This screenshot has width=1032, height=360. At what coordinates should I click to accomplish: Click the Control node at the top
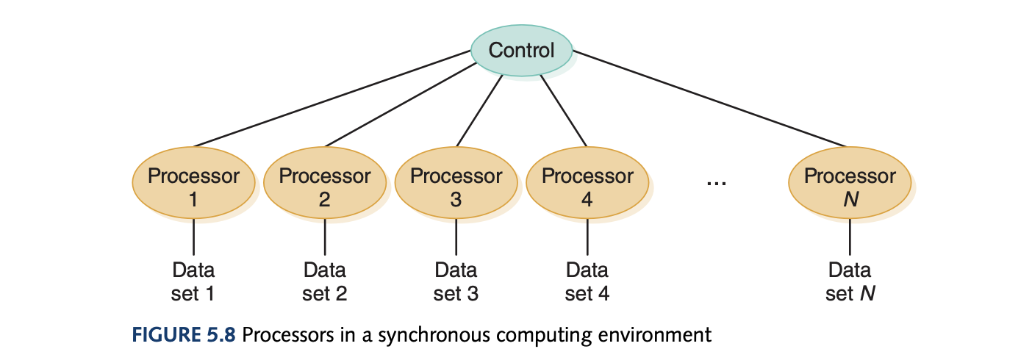click(521, 51)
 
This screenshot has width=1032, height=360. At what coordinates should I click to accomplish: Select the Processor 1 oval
click(193, 187)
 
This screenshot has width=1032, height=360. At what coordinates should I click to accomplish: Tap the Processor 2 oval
click(324, 187)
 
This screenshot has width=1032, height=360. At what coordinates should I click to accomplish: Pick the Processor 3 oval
click(456, 187)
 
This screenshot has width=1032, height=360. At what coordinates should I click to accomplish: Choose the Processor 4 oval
click(587, 187)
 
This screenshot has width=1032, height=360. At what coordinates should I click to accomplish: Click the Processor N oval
click(850, 187)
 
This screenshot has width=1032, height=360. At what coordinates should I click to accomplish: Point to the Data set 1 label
click(193, 281)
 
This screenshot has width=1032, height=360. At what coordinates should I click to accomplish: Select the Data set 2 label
click(324, 281)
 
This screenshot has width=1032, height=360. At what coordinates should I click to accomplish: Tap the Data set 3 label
click(456, 281)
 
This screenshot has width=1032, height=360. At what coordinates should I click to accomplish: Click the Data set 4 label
click(587, 281)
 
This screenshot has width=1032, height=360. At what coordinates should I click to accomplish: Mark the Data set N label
click(850, 281)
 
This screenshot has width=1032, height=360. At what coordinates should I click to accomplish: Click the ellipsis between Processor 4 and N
click(716, 182)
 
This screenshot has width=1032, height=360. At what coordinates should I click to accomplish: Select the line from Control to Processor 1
click(331, 99)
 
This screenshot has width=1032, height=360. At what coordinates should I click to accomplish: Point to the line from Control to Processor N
click(709, 99)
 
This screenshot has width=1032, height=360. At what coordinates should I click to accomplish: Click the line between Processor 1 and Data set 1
click(193, 236)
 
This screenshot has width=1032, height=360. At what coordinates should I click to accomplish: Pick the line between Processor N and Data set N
click(850, 236)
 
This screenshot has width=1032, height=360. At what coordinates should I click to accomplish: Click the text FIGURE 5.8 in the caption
click(184, 335)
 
